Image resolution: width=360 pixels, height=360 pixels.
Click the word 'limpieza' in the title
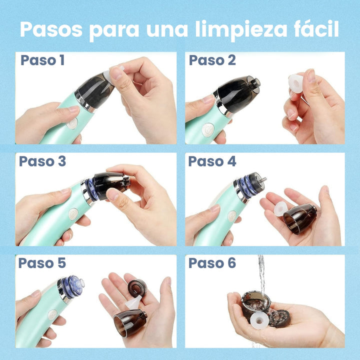pos(241,30)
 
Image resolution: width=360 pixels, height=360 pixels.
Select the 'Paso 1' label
pos(42,60)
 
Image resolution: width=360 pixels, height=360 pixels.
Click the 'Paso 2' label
pos(212,60)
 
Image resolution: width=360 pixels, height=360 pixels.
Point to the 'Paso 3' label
pos(42,161)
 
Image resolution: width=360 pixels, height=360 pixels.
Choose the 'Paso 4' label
pos(212,161)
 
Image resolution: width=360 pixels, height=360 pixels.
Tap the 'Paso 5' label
pos(42,263)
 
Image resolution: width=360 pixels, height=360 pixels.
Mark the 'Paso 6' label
pos(212,263)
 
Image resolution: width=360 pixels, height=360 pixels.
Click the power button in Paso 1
pos(72,124)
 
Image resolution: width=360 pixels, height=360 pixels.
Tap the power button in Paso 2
pos(208,130)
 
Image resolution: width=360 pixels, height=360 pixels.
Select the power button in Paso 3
pos(73,214)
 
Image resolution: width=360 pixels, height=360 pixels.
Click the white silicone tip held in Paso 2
pos(295,83)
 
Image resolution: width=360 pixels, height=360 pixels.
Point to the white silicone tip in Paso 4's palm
pos(280,209)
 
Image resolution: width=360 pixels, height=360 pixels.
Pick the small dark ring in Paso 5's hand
pos(137,288)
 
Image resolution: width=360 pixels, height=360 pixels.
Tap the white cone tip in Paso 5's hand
pos(133,302)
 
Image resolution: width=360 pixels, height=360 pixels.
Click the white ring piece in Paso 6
pos(259,320)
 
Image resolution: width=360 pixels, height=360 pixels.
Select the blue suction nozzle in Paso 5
pos(73,286)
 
